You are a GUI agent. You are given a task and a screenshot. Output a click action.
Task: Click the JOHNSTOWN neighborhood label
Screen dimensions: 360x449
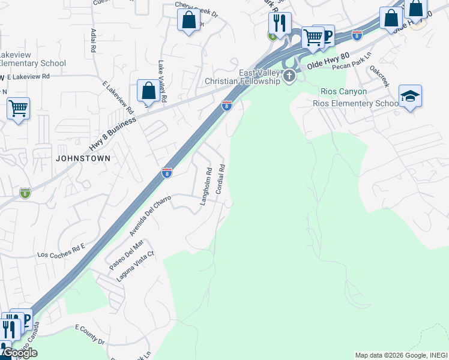(83, 158)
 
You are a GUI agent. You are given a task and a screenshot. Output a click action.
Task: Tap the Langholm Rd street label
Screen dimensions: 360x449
(206, 187)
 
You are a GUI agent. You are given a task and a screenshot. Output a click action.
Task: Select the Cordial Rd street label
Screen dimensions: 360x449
(220, 178)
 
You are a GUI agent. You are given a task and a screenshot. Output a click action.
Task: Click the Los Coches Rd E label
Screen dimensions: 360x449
(61, 250)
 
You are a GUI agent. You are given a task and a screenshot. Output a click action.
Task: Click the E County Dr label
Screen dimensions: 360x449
(89, 334)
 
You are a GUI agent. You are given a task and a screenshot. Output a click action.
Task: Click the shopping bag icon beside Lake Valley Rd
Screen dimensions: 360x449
(148, 91)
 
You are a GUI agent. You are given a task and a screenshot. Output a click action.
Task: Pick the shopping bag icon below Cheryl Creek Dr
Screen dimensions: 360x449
(189, 20)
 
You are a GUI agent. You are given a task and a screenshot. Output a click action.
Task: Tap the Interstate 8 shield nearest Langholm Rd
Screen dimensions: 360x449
(167, 173)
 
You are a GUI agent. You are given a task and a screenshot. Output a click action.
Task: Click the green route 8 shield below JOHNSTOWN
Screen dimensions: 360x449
(25, 193)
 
